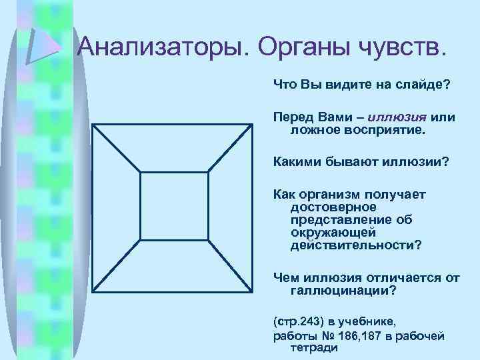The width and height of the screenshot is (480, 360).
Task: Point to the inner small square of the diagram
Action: [x=174, y=206]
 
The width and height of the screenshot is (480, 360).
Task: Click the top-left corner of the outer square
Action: [x=93, y=125]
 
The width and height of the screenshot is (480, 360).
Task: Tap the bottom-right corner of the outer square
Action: [x=253, y=291]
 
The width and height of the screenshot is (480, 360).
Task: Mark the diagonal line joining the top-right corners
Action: [x=231, y=149]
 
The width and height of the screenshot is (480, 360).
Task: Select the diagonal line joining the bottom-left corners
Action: [x=117, y=265]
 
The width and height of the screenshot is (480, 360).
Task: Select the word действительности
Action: [x=355, y=245]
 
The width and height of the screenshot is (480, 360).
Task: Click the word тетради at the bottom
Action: [x=314, y=347]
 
